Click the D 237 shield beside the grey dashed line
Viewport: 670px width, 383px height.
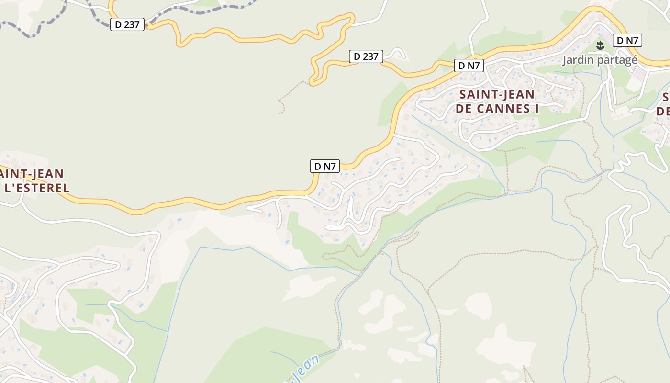point(127,24)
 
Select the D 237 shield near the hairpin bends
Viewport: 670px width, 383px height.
point(366,56)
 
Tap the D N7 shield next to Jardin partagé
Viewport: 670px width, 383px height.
point(627,41)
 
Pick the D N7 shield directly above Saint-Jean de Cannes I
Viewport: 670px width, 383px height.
point(469,66)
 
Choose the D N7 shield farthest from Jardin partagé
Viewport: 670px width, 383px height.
point(325,166)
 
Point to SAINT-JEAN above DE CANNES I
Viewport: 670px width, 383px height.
point(497,94)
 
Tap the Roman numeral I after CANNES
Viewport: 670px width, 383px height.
point(536,109)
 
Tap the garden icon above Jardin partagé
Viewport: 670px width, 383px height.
point(600,46)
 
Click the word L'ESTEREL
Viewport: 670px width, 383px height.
point(37,188)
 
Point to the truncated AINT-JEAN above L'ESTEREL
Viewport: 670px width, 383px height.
point(32,173)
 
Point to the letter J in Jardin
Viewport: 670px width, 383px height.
point(565,60)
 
